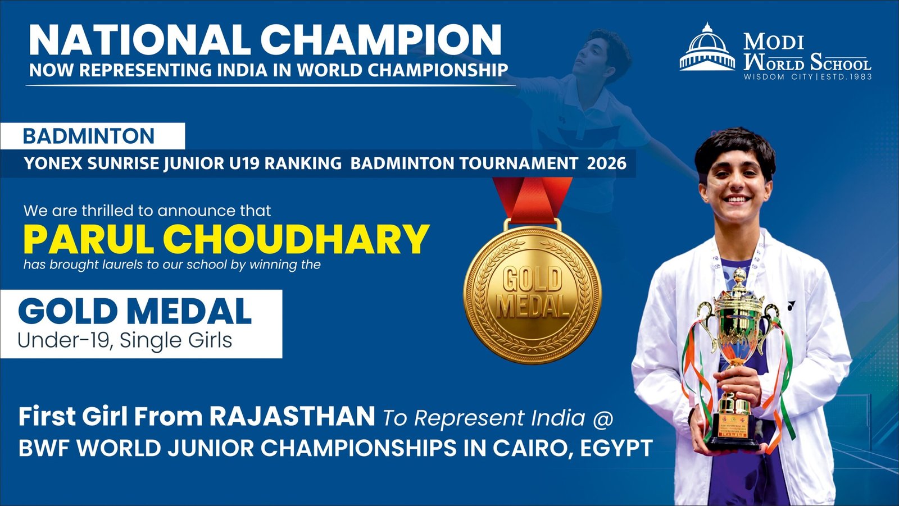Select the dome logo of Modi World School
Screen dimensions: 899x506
click(707, 47)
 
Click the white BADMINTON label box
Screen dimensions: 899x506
click(92, 136)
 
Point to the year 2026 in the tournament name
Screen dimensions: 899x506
click(606, 163)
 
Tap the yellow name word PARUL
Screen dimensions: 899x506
click(89, 239)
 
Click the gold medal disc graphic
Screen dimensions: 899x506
click(532, 294)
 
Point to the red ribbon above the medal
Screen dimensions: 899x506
click(532, 199)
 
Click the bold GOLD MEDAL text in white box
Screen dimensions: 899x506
click(135, 311)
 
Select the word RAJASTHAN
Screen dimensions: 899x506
click(292, 416)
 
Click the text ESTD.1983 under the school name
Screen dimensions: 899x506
click(846, 76)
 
